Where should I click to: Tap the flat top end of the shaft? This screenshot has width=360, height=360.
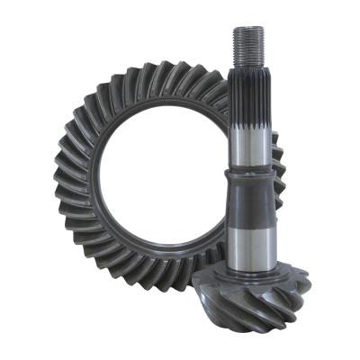(x=248, y=29)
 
